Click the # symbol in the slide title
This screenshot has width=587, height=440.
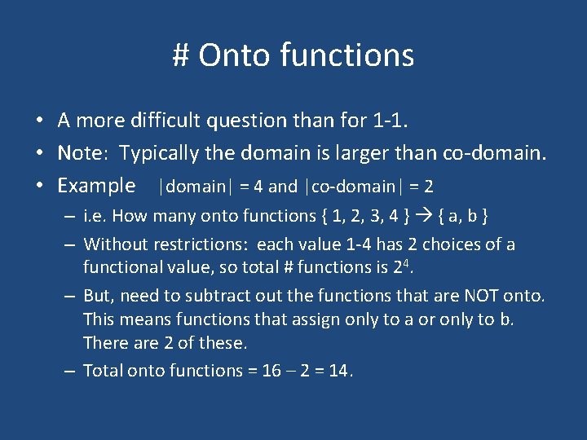pos(181,56)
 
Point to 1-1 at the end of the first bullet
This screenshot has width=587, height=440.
pos(394,121)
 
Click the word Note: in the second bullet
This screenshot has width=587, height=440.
pos(85,153)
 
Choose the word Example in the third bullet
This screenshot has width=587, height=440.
pos(96,186)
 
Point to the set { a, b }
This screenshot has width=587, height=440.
pos(465,216)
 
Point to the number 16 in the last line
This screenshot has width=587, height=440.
pos(271,371)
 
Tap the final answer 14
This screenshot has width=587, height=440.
pos(336,371)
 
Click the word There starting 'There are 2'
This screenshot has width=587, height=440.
pos(105,343)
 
